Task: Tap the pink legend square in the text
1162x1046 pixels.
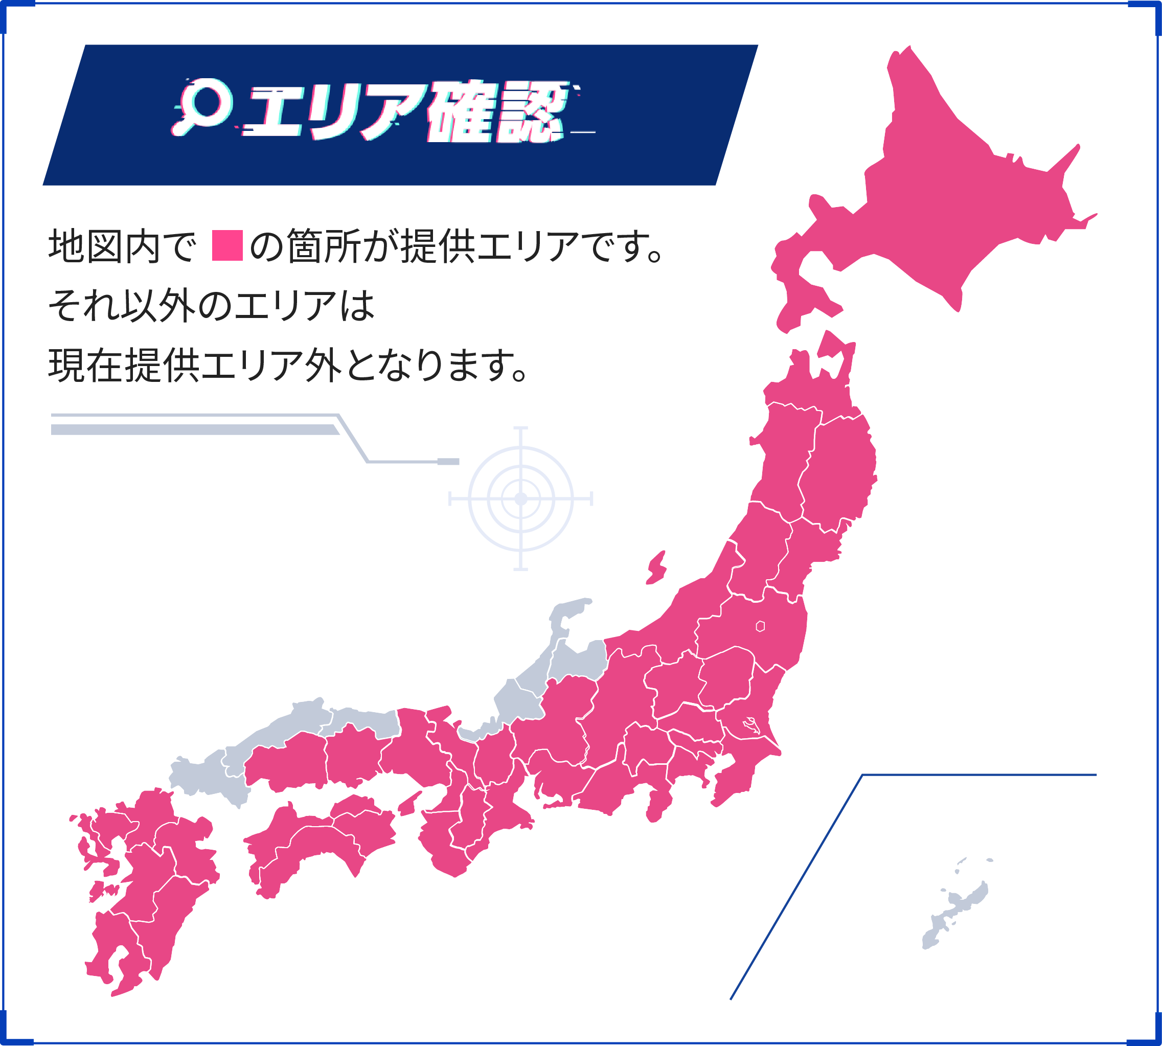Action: coord(227,245)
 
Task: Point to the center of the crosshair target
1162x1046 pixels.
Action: coord(520,498)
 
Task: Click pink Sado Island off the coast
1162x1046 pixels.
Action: coord(657,567)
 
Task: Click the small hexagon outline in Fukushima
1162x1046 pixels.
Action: coord(760,626)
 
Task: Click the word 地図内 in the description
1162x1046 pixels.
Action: coord(103,246)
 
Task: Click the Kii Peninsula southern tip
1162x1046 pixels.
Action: coord(454,868)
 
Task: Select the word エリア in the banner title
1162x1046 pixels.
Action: coord(339,112)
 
